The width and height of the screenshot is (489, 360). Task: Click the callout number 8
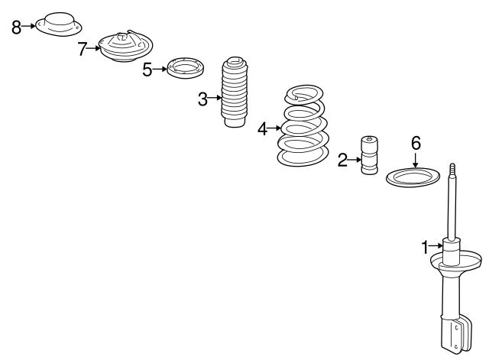point(17,28)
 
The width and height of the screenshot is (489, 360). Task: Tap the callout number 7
point(82,49)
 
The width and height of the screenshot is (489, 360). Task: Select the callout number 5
point(147,70)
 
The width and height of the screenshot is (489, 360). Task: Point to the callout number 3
point(202,99)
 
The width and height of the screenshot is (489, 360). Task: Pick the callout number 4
point(262,129)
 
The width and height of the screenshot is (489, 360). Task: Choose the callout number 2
point(342,160)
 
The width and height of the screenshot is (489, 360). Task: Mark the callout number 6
point(416,143)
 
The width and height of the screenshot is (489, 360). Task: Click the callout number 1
point(425,248)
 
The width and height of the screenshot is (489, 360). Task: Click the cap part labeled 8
point(59,24)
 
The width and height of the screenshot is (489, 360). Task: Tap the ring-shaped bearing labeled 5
point(186,68)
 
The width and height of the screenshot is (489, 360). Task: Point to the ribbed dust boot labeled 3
point(235,92)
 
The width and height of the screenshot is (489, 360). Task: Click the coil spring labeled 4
point(303,125)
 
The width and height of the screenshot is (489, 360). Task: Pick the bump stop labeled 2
point(369,155)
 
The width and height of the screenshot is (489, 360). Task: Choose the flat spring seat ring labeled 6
point(413,177)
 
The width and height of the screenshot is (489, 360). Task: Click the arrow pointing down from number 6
point(415,160)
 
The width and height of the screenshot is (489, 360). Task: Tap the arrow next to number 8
point(29,26)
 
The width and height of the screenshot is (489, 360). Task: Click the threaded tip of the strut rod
point(453,170)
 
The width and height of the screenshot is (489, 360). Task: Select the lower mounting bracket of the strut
point(457,336)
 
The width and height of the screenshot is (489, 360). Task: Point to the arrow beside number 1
point(436,246)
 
